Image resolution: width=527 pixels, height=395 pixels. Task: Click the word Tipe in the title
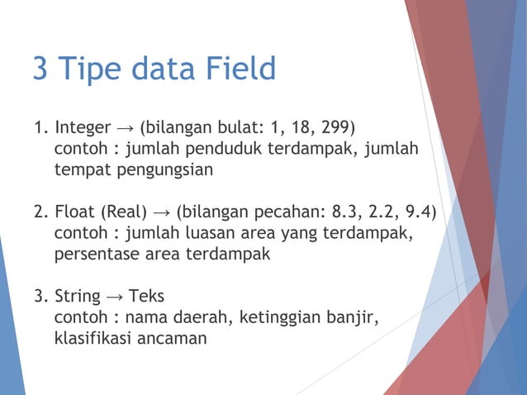[90, 69]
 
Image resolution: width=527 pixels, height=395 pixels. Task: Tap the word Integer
[83, 129]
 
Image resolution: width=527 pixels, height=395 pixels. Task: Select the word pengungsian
[166, 171]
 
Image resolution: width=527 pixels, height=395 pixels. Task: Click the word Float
[75, 213]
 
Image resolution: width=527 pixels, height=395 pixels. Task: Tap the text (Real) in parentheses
[124, 213]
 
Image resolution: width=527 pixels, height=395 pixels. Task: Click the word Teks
[149, 297]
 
